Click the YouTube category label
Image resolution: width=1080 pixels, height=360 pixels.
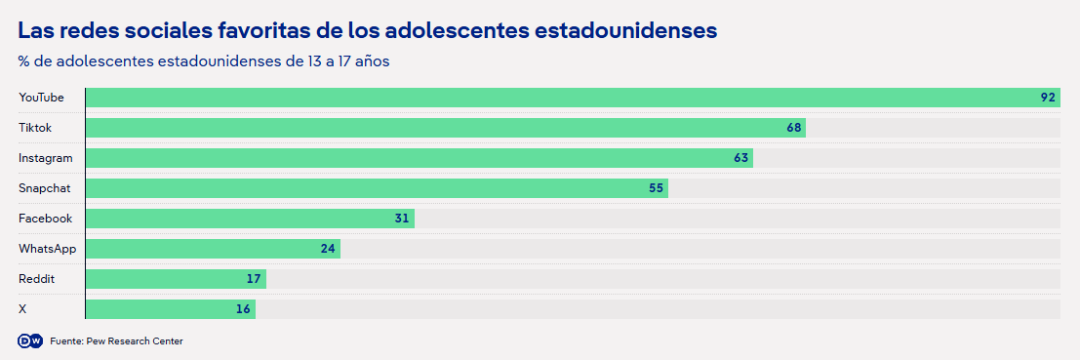[41, 98]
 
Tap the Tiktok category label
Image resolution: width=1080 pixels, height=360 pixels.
[35, 128]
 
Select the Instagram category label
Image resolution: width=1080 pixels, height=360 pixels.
[46, 158]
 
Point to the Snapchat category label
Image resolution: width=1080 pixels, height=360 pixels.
[45, 188]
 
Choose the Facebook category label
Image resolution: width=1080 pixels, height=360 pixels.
[46, 219]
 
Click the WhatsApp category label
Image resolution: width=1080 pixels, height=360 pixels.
[48, 249]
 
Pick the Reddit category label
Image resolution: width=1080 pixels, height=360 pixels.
[36, 279]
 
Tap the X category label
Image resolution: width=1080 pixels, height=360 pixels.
[22, 309]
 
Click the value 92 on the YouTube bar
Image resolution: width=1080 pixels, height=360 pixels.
[1048, 98]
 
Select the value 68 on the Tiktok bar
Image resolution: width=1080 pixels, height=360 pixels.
[793, 128]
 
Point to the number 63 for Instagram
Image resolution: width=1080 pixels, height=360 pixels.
[740, 158]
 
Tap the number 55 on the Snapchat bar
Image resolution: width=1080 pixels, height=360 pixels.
[656, 188]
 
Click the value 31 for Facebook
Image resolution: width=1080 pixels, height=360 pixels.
[402, 219]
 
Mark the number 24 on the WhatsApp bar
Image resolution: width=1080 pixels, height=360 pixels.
[328, 249]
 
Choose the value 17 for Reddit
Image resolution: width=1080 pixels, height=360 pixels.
[254, 279]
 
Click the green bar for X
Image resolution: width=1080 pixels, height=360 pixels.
[171, 309]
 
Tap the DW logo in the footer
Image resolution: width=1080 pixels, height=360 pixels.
[30, 340]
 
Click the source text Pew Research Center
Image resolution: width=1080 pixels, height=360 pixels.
[135, 341]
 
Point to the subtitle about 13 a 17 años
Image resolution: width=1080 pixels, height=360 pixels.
[205, 61]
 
